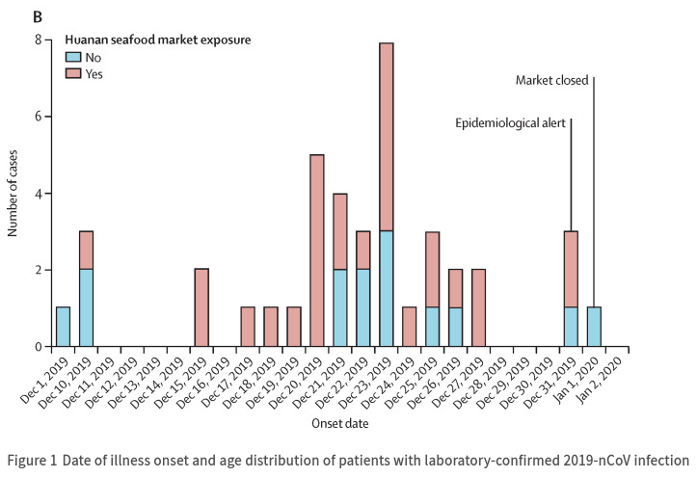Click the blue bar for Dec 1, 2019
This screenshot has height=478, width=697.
[63, 327]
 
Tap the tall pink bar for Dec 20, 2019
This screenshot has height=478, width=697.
[317, 251]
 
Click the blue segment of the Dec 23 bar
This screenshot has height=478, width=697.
[387, 289]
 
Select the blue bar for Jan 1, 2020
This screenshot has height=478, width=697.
[594, 327]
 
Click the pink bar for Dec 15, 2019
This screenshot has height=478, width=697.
[201, 307]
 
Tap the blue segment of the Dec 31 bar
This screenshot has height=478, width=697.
[571, 327]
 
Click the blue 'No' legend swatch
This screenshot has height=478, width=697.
[73, 57]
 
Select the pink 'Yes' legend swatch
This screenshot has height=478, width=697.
[73, 72]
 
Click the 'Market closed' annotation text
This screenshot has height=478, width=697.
[552, 80]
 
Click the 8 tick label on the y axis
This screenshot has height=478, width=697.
[39, 40]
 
